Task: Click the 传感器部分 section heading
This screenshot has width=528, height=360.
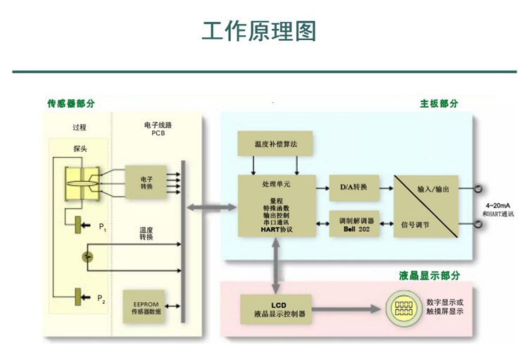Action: click(x=71, y=104)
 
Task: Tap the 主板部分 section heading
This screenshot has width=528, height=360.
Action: click(x=439, y=104)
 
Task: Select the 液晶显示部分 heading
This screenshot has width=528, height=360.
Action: click(x=429, y=275)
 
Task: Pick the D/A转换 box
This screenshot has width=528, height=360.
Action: click(x=354, y=187)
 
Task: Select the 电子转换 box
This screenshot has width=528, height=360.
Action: click(x=146, y=182)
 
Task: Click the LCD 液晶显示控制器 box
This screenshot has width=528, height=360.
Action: click(x=279, y=310)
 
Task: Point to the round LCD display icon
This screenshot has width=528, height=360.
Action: click(x=403, y=310)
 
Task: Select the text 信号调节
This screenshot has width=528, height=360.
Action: click(x=416, y=225)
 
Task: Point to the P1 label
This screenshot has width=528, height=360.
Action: click(x=102, y=227)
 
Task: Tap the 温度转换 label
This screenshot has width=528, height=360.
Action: click(x=146, y=234)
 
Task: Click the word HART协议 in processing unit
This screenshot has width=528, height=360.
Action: click(x=276, y=230)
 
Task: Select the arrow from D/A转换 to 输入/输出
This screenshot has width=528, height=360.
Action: click(x=384, y=188)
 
